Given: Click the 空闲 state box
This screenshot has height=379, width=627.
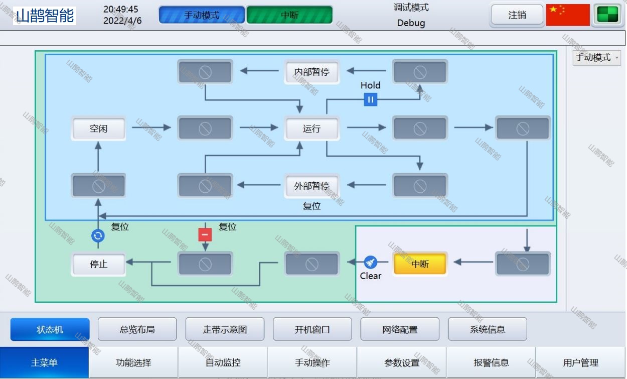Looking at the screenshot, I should [x=98, y=129].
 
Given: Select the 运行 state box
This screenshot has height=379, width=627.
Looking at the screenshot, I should [x=311, y=129].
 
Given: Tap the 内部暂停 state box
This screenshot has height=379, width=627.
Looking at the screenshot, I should [x=311, y=72].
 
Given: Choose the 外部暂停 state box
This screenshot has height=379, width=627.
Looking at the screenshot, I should [x=311, y=186].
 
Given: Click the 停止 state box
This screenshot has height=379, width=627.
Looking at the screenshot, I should [x=98, y=264].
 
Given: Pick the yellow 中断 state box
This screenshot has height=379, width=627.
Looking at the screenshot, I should [x=420, y=264].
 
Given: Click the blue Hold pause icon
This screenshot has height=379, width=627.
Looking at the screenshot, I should [x=370, y=99].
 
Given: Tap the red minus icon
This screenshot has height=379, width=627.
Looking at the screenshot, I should [x=205, y=234].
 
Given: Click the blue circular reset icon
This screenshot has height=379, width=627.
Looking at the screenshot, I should [x=98, y=235].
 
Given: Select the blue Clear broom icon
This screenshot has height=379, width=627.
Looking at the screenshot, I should [x=370, y=262].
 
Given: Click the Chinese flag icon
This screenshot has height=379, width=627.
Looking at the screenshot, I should [x=567, y=15].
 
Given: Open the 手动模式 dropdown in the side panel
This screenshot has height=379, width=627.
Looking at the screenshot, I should [x=596, y=58].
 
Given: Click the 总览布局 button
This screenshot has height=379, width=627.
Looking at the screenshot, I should [x=137, y=330].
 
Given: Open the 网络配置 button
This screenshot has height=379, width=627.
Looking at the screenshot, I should [x=400, y=330].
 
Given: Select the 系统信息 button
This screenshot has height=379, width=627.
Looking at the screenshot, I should [x=487, y=330].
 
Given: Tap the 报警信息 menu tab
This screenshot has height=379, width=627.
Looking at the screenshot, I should [x=491, y=362].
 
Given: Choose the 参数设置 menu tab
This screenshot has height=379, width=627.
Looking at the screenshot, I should [x=402, y=362].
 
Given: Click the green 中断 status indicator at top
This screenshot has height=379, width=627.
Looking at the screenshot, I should [x=289, y=15].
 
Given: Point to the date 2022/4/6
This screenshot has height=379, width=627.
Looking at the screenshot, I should [x=122, y=21].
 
